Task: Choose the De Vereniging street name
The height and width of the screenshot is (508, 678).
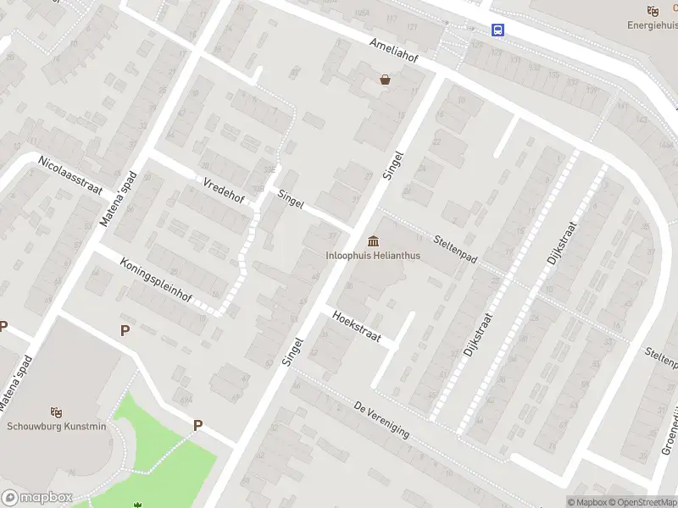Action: (382, 420)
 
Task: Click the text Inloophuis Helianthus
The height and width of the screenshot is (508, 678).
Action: (373, 255)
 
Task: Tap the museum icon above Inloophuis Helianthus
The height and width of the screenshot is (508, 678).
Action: (373, 241)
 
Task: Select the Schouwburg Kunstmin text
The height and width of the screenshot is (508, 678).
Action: (57, 426)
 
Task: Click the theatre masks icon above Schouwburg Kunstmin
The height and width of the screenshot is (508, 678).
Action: (57, 411)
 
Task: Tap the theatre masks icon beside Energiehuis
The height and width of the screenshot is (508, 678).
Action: (652, 10)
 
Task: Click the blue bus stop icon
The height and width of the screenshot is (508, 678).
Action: (498, 30)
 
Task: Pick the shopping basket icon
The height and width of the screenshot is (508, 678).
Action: (386, 80)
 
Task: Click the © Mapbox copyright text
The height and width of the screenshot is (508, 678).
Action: (586, 502)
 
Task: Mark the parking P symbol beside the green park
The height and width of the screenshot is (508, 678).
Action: (197, 426)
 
